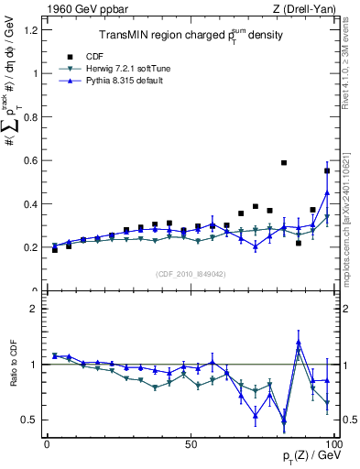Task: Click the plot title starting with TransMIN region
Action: pos(191,36)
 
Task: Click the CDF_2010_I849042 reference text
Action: pos(191,274)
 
